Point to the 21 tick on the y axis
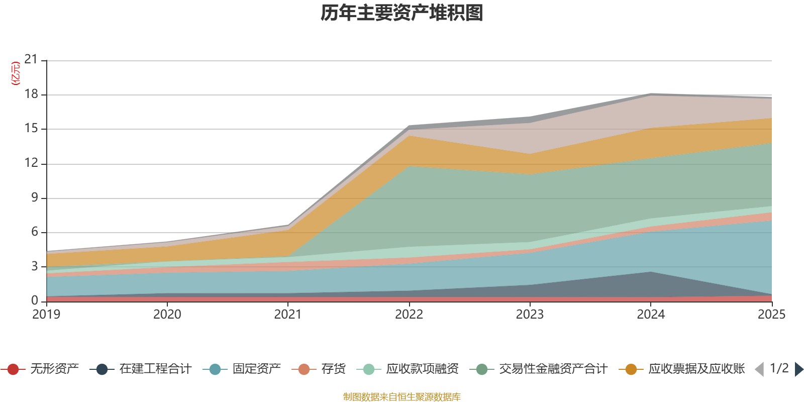[31, 60]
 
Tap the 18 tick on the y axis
[31, 94]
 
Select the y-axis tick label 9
[35, 197]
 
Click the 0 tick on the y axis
[35, 300]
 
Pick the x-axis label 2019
[46, 315]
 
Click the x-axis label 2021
[288, 315]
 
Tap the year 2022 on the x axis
[409, 315]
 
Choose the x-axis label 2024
[651, 315]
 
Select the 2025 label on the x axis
[771, 315]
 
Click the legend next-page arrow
[798, 369]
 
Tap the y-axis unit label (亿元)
[16, 73]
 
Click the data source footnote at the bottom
[402, 397]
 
